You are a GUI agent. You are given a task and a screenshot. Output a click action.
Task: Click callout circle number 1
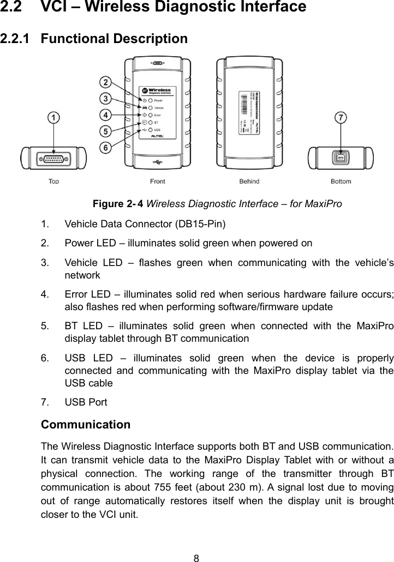tap(53, 117)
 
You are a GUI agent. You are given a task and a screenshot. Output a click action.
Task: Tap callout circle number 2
tap(105, 83)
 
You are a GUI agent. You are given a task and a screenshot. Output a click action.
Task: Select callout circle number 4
tap(105, 115)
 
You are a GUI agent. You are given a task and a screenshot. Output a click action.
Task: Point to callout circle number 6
tap(105, 147)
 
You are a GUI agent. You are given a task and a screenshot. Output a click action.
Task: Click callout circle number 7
tap(341, 118)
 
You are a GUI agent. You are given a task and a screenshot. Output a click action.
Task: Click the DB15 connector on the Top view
tap(53, 159)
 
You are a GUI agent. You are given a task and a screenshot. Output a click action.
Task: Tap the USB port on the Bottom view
tap(341, 159)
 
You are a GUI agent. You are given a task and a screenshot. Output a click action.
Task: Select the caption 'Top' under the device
tap(54, 182)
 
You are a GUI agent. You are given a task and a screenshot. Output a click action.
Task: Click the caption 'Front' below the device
tap(157, 182)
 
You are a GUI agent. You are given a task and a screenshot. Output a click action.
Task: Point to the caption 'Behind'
tap(249, 182)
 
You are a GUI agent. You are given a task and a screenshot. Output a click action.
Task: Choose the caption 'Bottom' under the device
tap(341, 182)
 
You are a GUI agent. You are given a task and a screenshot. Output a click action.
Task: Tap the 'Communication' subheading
tap(86, 424)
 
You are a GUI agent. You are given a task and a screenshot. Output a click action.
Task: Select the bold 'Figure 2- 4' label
tap(118, 204)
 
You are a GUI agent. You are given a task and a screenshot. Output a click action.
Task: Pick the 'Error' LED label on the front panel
tap(158, 116)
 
